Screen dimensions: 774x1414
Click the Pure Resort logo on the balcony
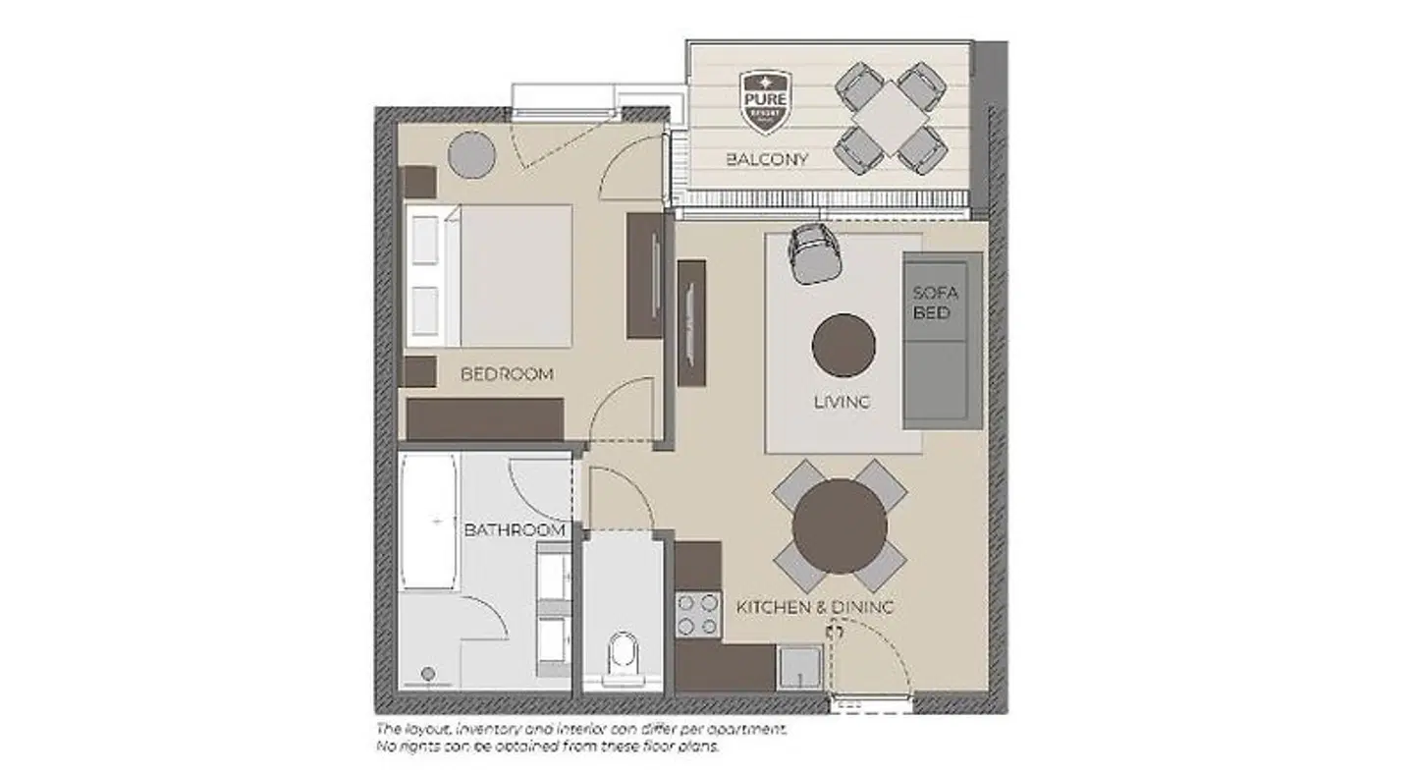[765, 101]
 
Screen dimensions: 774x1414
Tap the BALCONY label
[767, 158]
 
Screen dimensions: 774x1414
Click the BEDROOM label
[507, 374]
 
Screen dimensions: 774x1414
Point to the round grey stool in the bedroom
[472, 154]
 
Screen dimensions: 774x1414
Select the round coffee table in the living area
[843, 345]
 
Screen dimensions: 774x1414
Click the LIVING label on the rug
[843, 402]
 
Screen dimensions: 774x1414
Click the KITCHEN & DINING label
[815, 608]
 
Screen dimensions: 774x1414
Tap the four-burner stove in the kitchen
[696, 614]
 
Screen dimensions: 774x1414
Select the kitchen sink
[799, 665]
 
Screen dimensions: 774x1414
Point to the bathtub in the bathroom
[429, 521]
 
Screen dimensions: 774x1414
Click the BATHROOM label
[515, 530]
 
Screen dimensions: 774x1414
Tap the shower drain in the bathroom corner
[427, 674]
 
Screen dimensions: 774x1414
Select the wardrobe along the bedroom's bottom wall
[485, 419]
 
